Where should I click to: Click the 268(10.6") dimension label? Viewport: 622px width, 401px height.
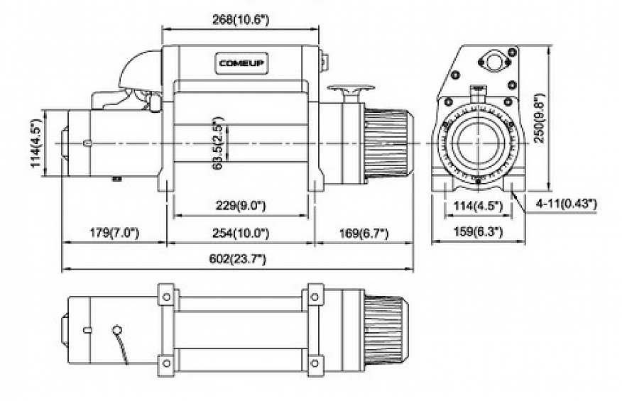[241, 20]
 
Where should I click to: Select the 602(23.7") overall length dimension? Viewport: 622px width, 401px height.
[238, 260]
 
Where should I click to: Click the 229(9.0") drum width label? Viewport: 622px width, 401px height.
[241, 206]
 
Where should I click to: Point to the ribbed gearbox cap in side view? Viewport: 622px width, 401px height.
[388, 143]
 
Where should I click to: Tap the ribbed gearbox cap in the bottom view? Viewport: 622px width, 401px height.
[388, 329]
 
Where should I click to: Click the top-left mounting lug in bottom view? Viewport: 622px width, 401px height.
[166, 294]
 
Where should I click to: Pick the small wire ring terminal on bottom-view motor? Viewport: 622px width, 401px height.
[117, 329]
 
